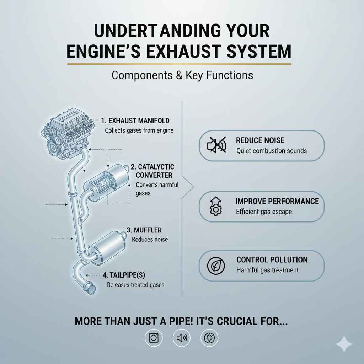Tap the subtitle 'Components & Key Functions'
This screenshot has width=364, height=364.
pyautogui.click(x=182, y=75)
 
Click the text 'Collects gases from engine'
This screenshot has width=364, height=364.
pyautogui.click(x=139, y=130)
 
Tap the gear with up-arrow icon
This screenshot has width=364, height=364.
pyautogui.click(x=216, y=207)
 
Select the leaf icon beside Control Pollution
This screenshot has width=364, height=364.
pyautogui.click(x=216, y=266)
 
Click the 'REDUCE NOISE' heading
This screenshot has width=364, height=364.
pyautogui.click(x=260, y=140)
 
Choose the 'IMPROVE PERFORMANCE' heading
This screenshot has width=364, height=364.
pyautogui.click(x=277, y=201)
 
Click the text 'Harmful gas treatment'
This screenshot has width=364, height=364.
pyautogui.click(x=267, y=270)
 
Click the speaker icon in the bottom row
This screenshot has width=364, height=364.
pyautogui.click(x=182, y=338)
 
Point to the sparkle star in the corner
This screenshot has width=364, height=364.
pyautogui.click(x=344, y=344)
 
